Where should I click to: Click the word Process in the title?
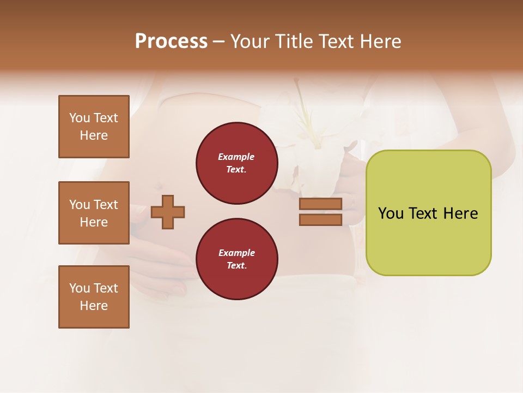pos(171,41)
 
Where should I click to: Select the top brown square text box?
pos(94,127)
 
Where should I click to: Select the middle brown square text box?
pos(94,213)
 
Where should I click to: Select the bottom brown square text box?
pos(94,297)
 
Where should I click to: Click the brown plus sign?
pos(168,212)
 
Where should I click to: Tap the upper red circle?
pos(236,163)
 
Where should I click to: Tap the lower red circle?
pos(236,259)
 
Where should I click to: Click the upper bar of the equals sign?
pos(320,204)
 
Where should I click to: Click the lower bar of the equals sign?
pos(320,219)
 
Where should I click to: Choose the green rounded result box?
pos(428,213)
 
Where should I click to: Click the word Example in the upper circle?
pos(236,157)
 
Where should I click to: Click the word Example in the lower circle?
pos(236,253)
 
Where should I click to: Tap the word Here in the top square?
pos(94,135)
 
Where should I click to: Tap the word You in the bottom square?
pos(80,288)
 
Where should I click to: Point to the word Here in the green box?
pos(460,213)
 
